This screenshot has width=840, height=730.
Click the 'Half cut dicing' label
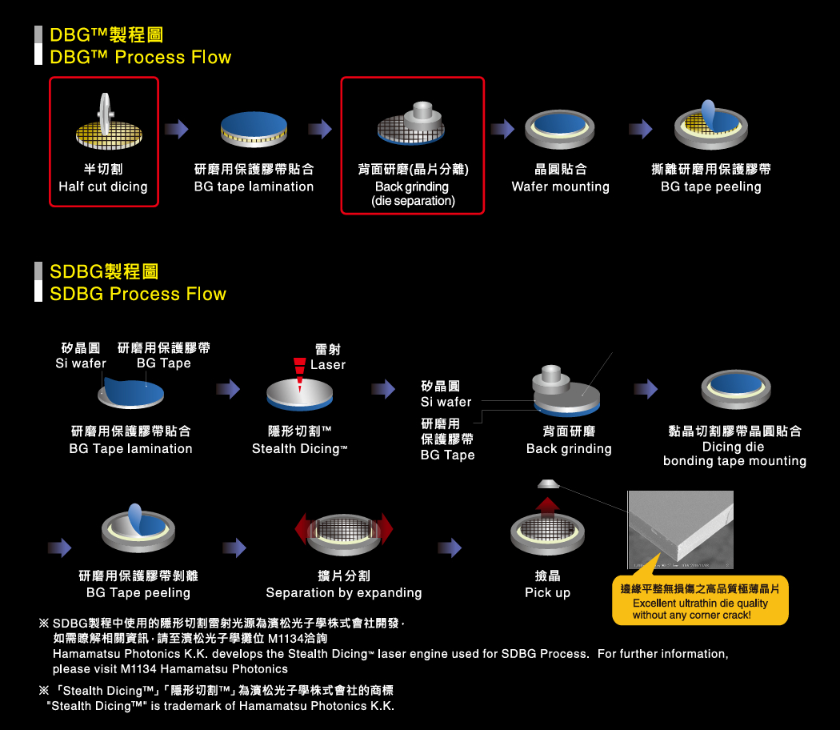point(103,187)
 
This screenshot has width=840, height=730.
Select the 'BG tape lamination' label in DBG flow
point(254,187)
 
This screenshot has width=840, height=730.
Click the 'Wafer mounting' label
point(560,187)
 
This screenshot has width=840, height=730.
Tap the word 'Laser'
point(328,365)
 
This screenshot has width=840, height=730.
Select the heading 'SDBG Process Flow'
point(138,294)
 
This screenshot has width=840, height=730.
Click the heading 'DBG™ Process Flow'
point(140,58)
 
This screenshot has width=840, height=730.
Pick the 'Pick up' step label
point(547,593)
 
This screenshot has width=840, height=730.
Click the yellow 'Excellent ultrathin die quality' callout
point(699,602)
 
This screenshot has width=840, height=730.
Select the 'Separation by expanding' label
point(343,593)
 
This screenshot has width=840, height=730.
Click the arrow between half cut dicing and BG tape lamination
point(176,128)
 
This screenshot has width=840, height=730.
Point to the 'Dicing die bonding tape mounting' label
point(734,454)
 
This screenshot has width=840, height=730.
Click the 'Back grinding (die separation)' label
point(412,194)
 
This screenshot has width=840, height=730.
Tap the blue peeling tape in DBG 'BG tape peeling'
point(710,112)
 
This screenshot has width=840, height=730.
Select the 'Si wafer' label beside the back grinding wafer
point(446,402)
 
